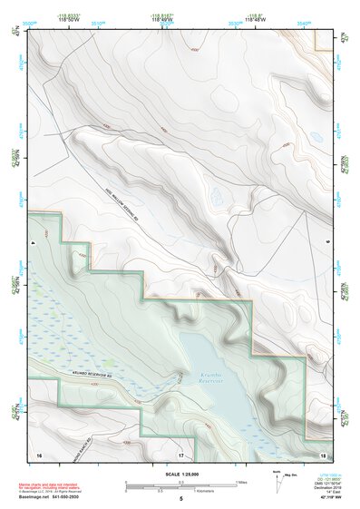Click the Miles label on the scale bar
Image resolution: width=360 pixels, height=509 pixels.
pyautogui.click(x=240, y=482)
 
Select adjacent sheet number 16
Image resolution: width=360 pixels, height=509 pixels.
pyautogui.click(x=39, y=454)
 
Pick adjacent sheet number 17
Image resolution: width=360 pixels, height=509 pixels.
pyautogui.click(x=180, y=454)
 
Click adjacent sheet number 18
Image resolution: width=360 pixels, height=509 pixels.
pyautogui.click(x=323, y=454)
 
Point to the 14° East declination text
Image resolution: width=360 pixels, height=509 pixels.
pyautogui.click(x=321, y=489)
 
